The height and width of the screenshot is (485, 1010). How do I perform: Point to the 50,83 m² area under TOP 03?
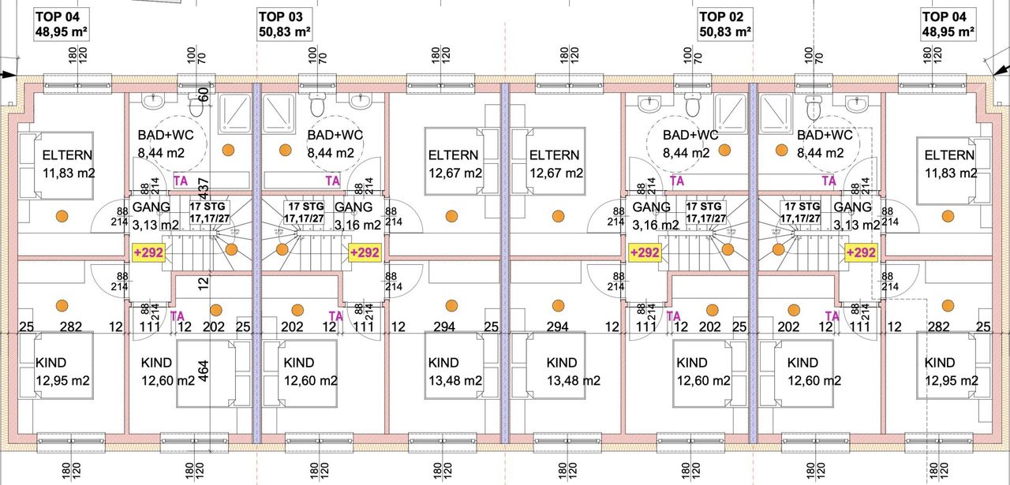(285, 32)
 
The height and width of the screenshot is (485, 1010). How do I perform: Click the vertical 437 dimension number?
(204, 187)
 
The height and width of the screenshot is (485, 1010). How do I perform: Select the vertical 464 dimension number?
(204, 371)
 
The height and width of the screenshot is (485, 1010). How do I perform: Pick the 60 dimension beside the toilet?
(204, 95)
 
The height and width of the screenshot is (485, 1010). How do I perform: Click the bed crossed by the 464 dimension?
(203, 374)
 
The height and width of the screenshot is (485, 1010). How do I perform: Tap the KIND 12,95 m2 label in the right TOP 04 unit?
(950, 371)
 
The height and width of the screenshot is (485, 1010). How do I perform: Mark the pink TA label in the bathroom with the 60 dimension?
(181, 181)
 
